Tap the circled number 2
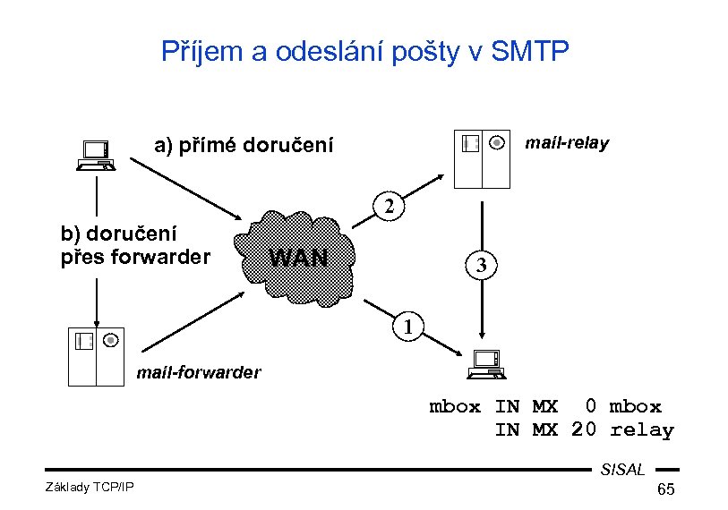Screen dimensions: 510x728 (390, 208)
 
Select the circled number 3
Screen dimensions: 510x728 (481, 266)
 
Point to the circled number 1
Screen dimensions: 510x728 (408, 326)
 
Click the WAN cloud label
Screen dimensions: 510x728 (299, 259)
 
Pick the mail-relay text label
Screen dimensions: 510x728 (567, 143)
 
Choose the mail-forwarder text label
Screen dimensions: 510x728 (198, 372)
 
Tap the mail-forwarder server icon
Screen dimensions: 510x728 (96, 355)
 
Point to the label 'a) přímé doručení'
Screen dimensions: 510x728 (244, 145)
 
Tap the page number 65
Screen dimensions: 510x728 (665, 489)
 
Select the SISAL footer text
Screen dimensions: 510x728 (622, 470)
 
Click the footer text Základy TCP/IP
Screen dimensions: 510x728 (89, 486)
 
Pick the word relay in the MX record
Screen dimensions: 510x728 (641, 430)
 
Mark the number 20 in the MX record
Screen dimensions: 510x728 (583, 430)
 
